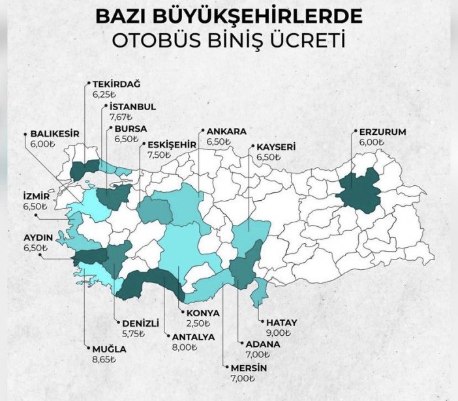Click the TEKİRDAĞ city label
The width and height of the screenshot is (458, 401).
pyautogui.click(x=117, y=83)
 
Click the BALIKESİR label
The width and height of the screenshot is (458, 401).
pyautogui.click(x=55, y=134)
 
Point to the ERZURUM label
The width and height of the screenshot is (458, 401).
pyautogui.click(x=383, y=132)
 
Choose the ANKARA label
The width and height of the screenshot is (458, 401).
pyautogui.click(x=226, y=131)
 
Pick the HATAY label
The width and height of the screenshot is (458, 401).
pyautogui.click(x=282, y=322)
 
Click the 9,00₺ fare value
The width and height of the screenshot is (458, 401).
pyautogui.click(x=277, y=332)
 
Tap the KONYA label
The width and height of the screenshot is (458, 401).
pyautogui.click(x=203, y=313)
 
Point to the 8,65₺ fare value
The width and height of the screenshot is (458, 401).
pyautogui.click(x=104, y=359)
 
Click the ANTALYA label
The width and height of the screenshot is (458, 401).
pyautogui.click(x=193, y=337)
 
